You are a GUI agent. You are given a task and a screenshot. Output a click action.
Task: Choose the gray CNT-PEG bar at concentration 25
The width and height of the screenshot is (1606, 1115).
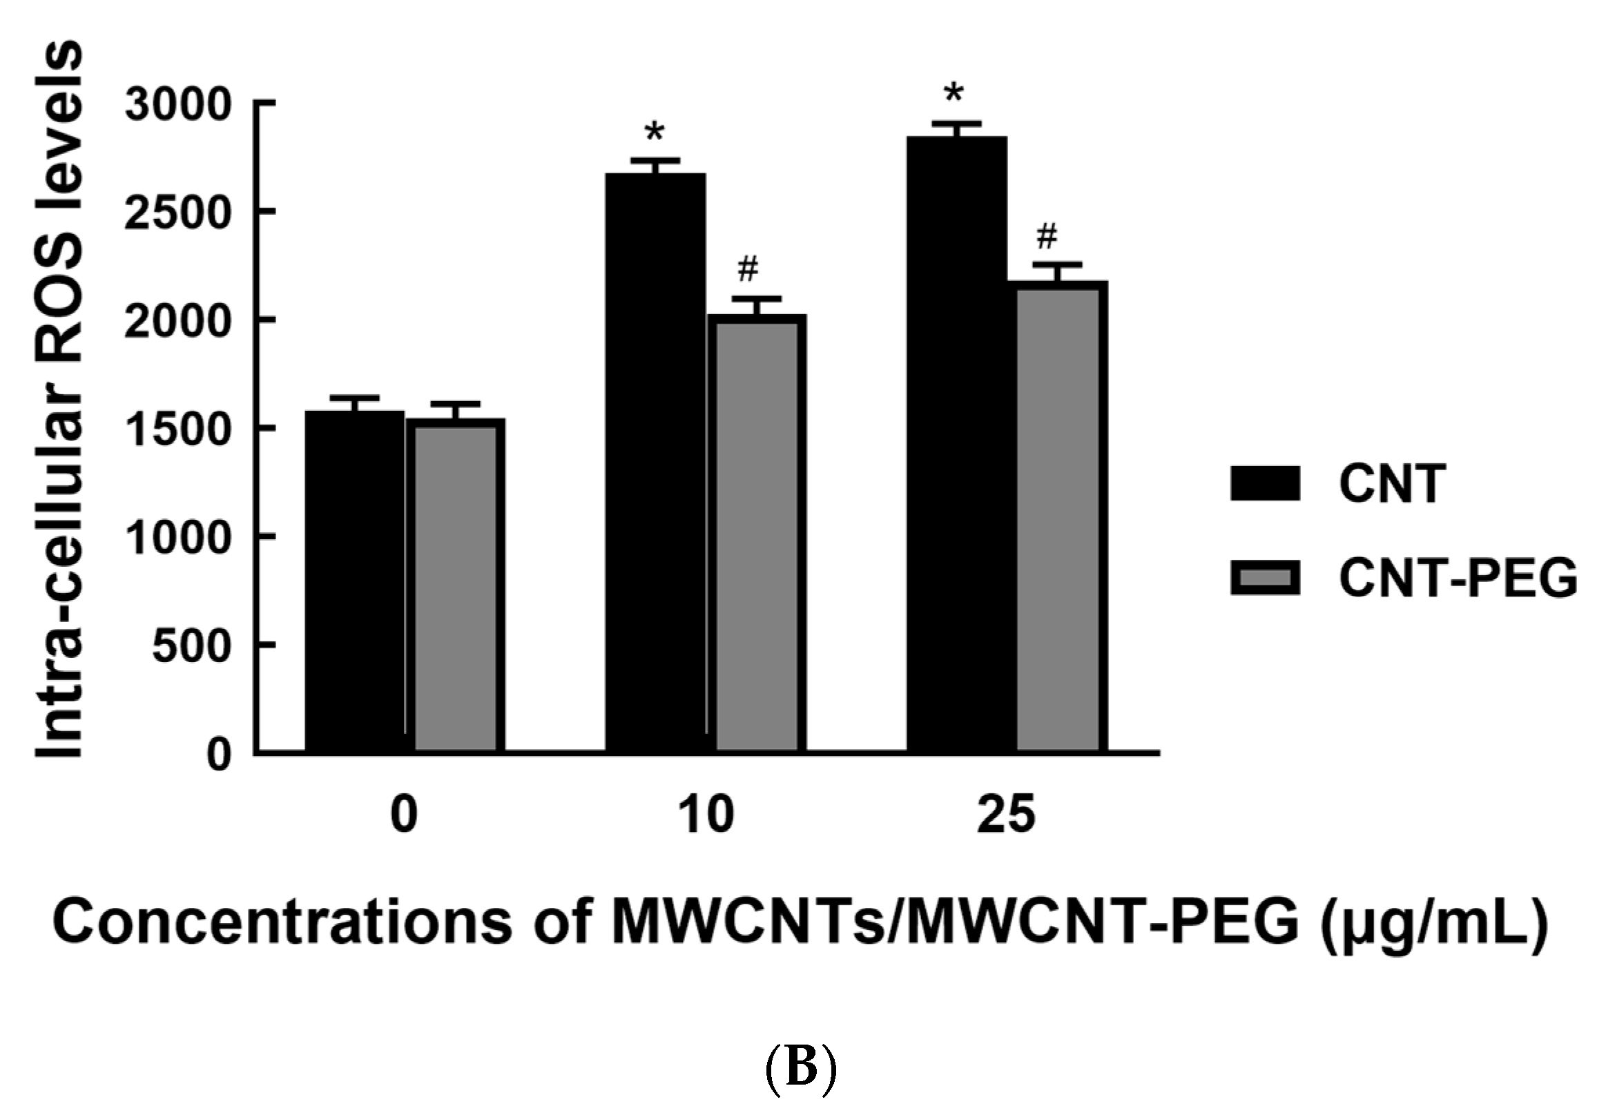click(1059, 517)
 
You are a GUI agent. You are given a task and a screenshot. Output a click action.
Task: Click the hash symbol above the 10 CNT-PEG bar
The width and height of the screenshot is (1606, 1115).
click(748, 269)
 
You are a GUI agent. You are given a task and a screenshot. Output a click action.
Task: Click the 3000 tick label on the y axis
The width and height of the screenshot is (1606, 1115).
click(177, 105)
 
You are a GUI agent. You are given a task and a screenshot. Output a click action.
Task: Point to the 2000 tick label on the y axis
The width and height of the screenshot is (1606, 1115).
click(177, 321)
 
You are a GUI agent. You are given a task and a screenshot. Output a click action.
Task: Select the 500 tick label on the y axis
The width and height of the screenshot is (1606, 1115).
click(191, 646)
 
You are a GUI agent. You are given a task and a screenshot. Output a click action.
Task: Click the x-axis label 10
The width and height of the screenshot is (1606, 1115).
click(706, 815)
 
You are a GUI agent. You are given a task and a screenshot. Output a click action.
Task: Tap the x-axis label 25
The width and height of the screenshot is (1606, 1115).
click(1006, 815)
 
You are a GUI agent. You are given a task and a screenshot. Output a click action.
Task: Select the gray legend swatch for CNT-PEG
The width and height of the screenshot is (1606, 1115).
click(1264, 578)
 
